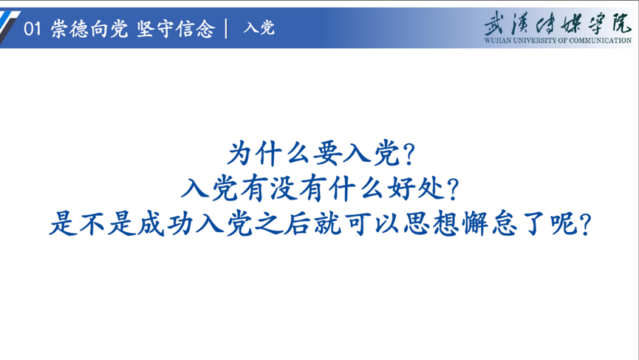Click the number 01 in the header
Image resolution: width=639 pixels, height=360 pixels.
(x=33, y=29)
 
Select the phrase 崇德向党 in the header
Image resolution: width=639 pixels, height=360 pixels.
(x=89, y=29)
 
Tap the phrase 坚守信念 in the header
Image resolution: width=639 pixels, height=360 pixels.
(x=176, y=29)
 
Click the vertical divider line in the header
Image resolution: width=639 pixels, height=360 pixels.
(x=226, y=29)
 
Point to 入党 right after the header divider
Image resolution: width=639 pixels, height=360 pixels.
(x=259, y=28)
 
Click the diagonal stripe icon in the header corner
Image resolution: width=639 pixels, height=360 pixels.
(x=8, y=27)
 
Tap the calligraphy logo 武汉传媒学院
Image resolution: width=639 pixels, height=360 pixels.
(x=558, y=23)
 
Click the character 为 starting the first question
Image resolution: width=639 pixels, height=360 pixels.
(x=240, y=154)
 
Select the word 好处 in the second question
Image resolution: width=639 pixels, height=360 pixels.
(x=416, y=189)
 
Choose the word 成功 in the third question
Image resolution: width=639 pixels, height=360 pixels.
(x=165, y=224)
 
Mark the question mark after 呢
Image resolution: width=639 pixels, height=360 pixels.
(x=585, y=225)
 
